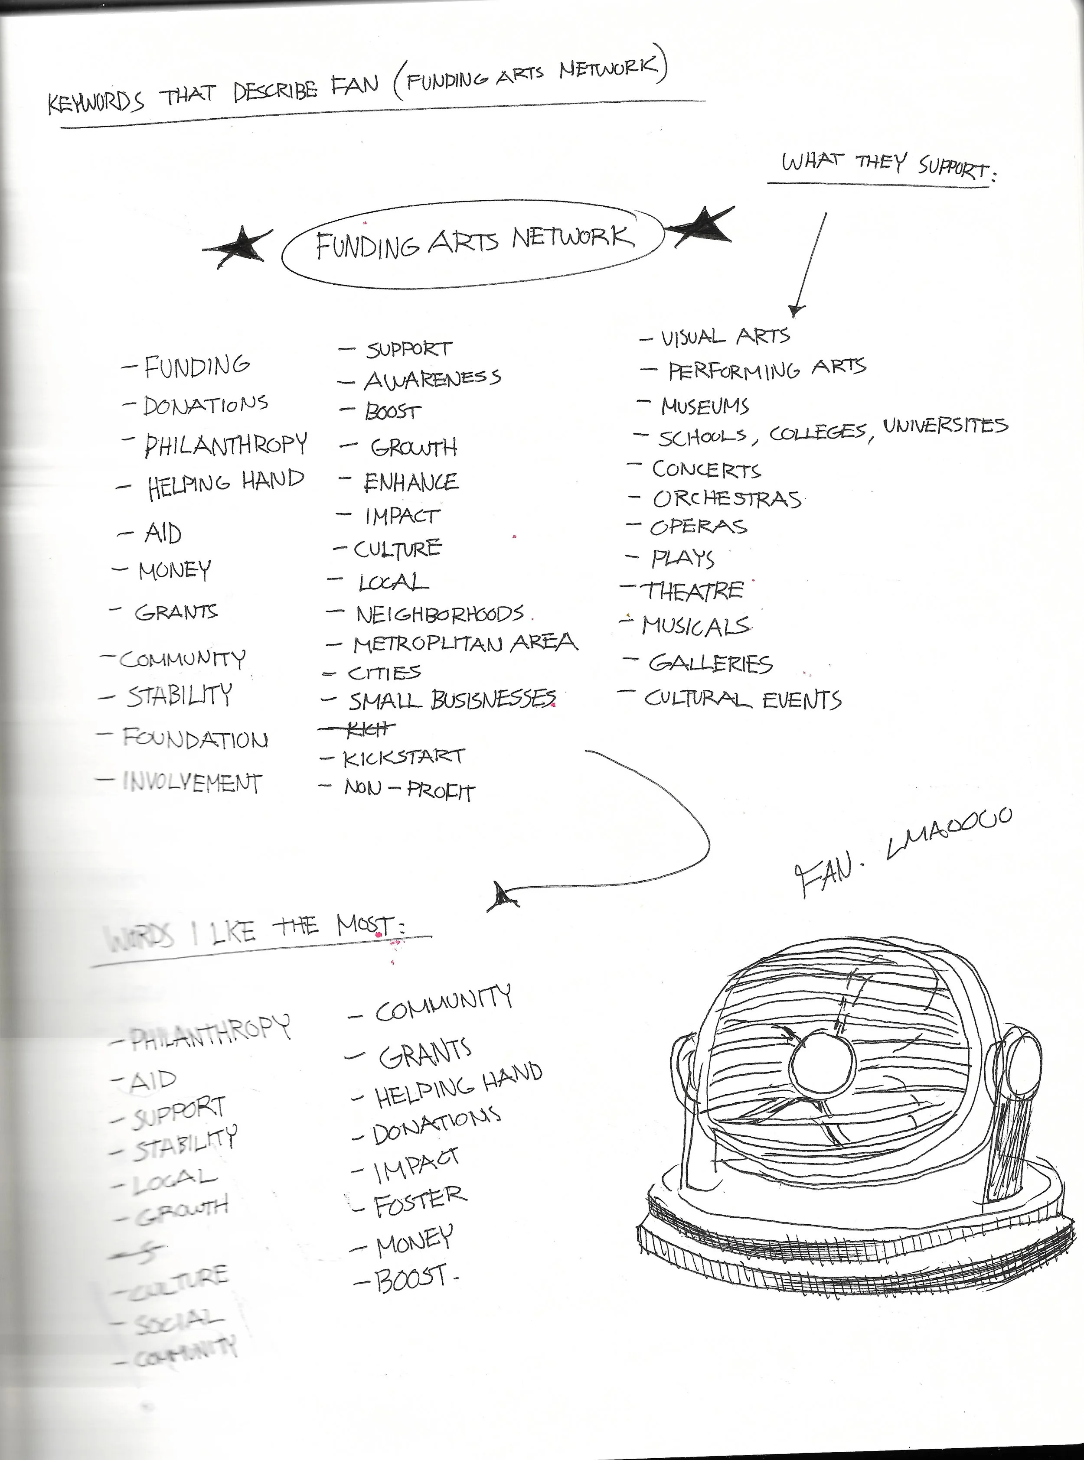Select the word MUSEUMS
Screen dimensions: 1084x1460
click(704, 406)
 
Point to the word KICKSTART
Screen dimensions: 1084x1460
click(404, 758)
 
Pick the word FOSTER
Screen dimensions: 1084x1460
click(420, 1201)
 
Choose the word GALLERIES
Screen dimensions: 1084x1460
click(710, 664)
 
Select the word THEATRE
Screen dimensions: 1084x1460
click(693, 591)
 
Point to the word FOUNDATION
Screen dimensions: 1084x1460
click(195, 739)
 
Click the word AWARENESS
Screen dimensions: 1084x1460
click(432, 379)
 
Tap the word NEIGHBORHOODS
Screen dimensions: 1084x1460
click(440, 614)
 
